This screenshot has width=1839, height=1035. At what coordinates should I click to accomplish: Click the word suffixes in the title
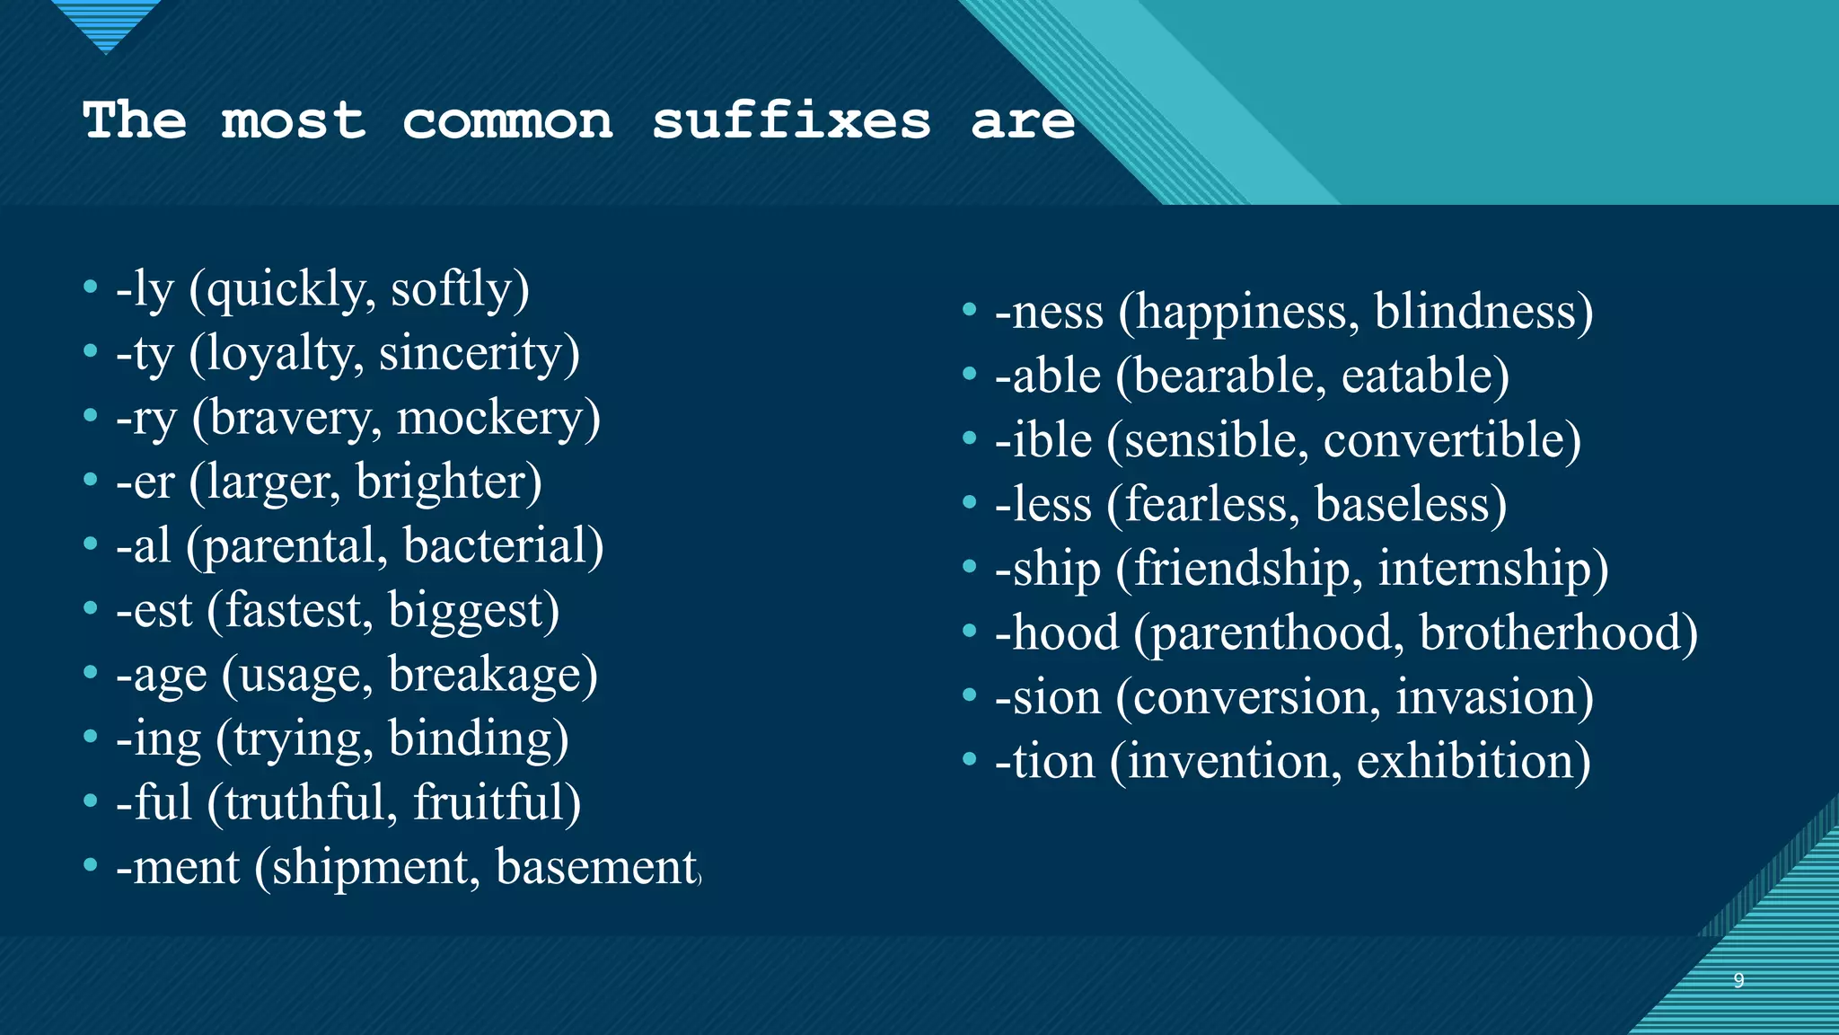pyautogui.click(x=791, y=121)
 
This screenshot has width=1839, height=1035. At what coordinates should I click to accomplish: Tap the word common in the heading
pyautogui.click(x=507, y=121)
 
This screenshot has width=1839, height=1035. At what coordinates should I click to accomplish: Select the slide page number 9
pyautogui.click(x=1738, y=980)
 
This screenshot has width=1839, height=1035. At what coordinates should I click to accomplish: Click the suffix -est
pyautogui.click(x=154, y=611)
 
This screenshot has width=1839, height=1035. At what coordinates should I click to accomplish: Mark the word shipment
pyautogui.click(x=369, y=868)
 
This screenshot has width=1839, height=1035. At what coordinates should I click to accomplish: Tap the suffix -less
pyautogui.click(x=1043, y=505)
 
